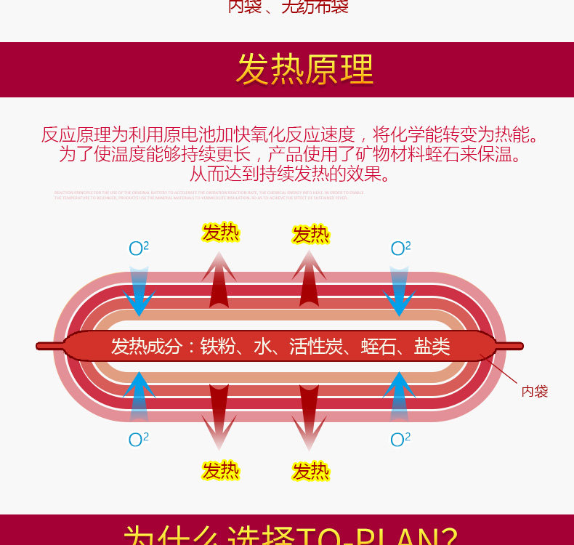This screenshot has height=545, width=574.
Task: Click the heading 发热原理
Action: click(304, 70)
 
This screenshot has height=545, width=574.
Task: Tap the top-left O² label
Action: click(139, 249)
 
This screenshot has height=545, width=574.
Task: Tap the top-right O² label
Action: click(400, 249)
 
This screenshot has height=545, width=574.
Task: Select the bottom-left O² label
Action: click(139, 439)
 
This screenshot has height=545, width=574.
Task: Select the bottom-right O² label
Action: click(400, 439)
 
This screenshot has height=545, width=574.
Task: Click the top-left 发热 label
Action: click(220, 233)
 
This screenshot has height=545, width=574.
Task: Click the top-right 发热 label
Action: click(311, 235)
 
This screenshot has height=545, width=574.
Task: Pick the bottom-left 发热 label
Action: click(220, 471)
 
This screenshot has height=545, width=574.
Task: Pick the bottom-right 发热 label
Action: click(311, 472)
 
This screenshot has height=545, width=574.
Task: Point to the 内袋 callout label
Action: click(535, 392)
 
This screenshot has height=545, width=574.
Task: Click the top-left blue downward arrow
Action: click(138, 291)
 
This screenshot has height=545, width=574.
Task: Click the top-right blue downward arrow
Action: click(399, 291)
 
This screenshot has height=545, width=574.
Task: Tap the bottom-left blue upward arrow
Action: click(138, 396)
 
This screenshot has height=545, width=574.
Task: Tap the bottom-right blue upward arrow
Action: click(399, 396)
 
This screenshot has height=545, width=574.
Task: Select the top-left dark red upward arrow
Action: click(219, 280)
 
